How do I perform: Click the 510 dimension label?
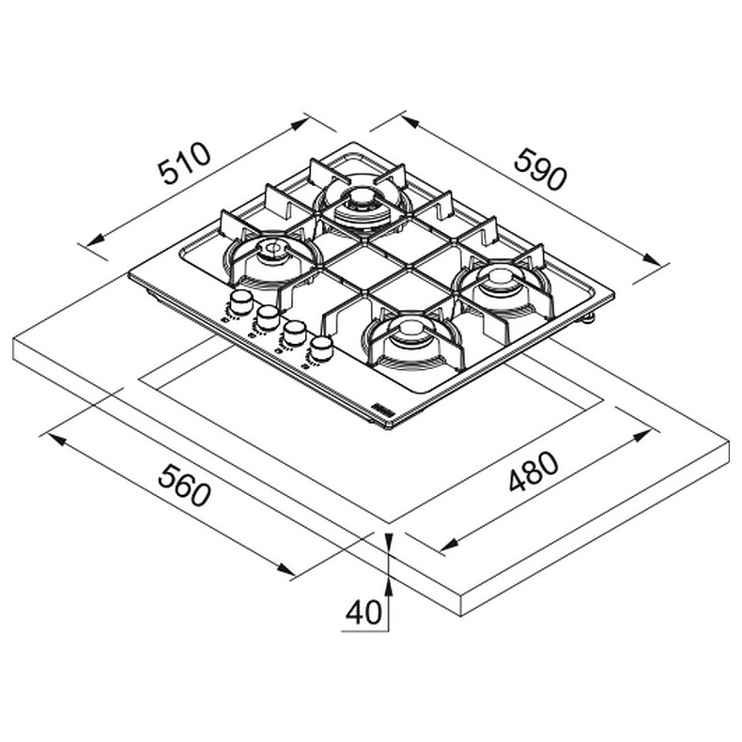point(184,163)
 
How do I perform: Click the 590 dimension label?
point(540,168)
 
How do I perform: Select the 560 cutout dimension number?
point(183,485)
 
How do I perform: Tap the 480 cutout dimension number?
point(533,471)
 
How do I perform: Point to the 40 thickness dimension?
point(363,612)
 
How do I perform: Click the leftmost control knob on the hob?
point(240,302)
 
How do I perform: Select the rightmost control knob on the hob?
point(321,349)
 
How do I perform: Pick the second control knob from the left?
point(268,317)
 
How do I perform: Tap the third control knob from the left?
point(294,333)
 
